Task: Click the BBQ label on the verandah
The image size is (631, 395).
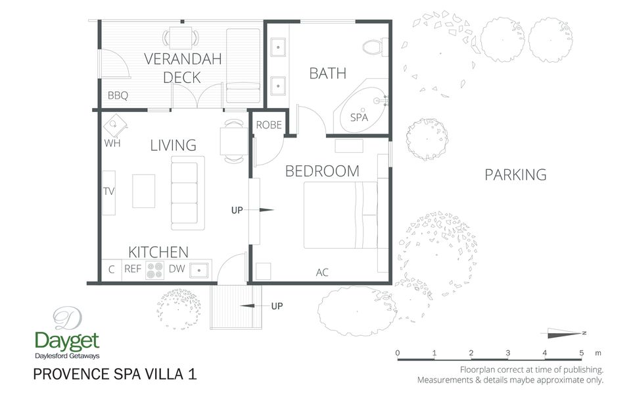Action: point(118,95)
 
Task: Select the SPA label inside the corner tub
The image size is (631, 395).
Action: point(359,117)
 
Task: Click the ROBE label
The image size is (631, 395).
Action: point(269,125)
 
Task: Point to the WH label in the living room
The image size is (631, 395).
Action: point(112,143)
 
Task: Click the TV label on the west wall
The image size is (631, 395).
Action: point(109,192)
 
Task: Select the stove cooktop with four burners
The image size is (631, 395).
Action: point(154,269)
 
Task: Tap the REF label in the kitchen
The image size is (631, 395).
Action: point(133,269)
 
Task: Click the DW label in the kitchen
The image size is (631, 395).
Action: point(177,269)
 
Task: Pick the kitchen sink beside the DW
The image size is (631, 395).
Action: point(199,269)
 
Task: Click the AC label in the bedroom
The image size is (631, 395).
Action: point(322,272)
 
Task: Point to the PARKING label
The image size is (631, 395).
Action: point(515,174)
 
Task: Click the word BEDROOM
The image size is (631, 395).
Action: point(322,171)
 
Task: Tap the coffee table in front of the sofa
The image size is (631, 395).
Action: point(144,191)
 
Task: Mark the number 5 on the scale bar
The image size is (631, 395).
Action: point(582,354)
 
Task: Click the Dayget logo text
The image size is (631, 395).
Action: point(66,340)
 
